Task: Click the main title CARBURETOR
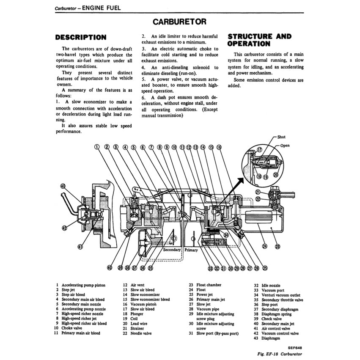tap(179, 22)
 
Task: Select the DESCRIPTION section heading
tap(81, 38)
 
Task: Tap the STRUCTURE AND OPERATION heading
tap(259, 40)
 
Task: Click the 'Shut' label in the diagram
tap(281, 137)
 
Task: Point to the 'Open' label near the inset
tap(285, 146)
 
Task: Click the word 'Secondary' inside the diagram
tap(172, 250)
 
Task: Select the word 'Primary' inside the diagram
tap(191, 250)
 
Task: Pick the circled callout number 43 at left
tap(63, 186)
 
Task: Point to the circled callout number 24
tap(265, 246)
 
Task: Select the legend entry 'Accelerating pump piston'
tap(83, 285)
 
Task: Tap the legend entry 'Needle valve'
tap(142, 333)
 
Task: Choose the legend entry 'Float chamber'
tap(208, 285)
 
